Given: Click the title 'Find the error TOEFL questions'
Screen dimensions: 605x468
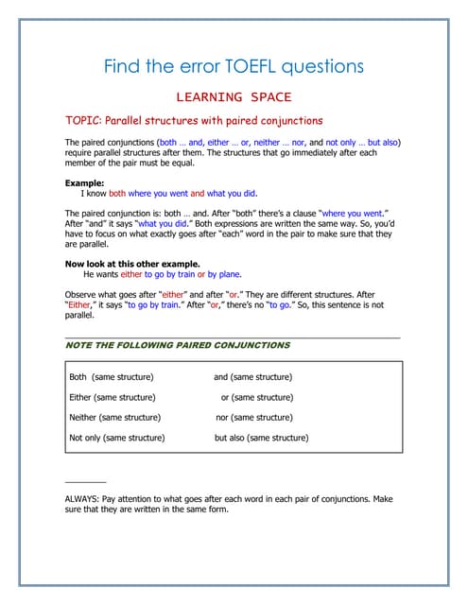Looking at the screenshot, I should tap(233, 66).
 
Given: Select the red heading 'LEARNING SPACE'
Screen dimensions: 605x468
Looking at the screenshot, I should tap(234, 96).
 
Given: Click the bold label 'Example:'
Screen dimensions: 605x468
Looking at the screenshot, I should tap(84, 182).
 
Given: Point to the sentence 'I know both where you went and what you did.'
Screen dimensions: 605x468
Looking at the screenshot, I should tap(170, 193).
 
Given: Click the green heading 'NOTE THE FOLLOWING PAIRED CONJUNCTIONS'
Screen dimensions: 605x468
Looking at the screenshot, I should tap(177, 345).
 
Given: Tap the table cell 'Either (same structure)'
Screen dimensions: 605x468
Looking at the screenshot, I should tap(113, 397).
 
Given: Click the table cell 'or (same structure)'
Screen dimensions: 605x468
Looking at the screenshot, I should tap(257, 397).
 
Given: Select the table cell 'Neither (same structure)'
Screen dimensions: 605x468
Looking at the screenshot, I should tap(114, 417).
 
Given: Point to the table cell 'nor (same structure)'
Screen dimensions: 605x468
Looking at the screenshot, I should tap(253, 417).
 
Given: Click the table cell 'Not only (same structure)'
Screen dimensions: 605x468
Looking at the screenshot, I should tap(117, 438).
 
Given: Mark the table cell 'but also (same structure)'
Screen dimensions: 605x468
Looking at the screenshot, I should tap(261, 438).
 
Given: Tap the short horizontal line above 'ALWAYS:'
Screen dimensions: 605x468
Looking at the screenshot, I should tap(85, 482).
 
